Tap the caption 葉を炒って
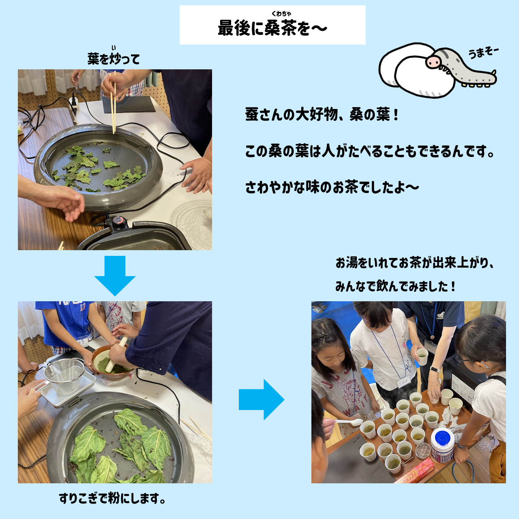114,59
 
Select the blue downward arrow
115,275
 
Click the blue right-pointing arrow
261,400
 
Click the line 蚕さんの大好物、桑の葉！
322,115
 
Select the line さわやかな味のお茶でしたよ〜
332,187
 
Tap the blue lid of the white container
442,438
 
